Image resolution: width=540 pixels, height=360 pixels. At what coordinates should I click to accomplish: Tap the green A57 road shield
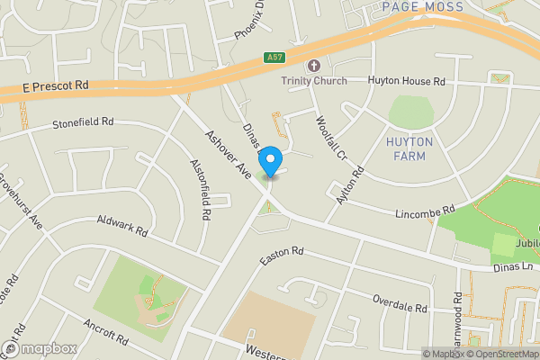click(276, 58)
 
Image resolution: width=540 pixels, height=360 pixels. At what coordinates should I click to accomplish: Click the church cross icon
click(313, 66)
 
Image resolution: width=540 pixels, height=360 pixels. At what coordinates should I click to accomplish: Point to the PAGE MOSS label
click(422, 7)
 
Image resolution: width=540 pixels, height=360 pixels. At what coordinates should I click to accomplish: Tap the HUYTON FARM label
click(409, 149)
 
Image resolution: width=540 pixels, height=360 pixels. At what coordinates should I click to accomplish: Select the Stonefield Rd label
click(84, 121)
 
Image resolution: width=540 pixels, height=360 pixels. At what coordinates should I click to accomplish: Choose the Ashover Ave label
click(227, 154)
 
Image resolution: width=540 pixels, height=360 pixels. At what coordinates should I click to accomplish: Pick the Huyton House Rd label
click(407, 81)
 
